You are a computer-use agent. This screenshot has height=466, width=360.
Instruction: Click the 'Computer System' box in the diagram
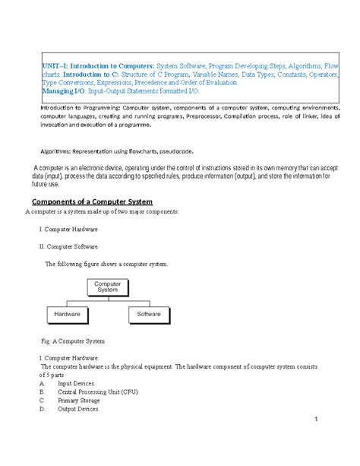106,287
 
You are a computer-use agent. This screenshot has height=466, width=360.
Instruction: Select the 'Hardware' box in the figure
68,313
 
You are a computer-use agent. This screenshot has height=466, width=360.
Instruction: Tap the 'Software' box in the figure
149,313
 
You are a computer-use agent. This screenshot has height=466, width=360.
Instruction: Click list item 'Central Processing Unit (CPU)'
97,392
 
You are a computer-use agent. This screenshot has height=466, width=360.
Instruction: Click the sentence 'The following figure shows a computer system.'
106,265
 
